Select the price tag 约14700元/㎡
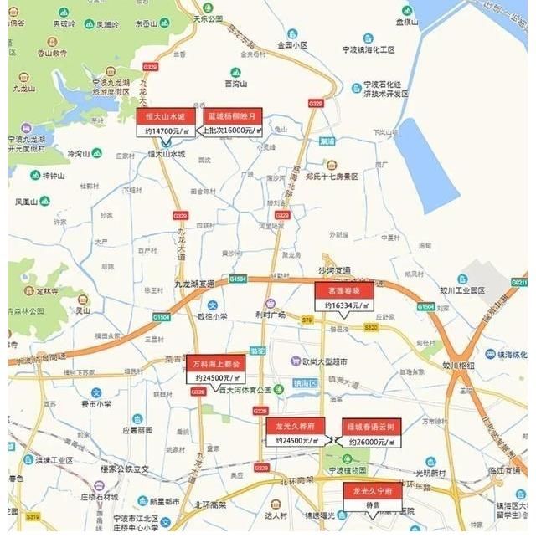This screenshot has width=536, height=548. tap(166, 131)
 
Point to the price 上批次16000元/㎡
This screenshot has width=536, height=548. tap(231, 131)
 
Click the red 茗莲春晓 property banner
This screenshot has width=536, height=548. tap(343, 291)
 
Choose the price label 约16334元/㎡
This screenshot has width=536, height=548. tap(343, 305)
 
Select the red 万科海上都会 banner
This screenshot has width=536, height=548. tap(215, 364)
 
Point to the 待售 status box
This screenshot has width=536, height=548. tap(372, 505)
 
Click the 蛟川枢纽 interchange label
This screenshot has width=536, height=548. tap(458, 365)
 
